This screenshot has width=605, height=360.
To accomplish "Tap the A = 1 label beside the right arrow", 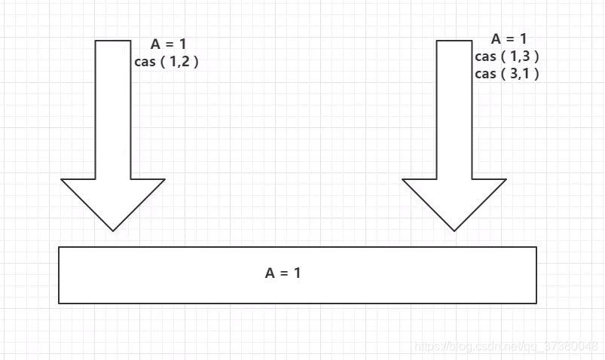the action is point(509,38).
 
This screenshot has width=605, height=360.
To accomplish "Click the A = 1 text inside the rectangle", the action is point(283,273).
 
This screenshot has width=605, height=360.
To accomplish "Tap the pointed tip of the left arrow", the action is point(113,229).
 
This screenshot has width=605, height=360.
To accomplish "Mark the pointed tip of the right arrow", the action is point(454,229).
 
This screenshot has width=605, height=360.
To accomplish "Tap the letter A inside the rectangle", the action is point(270,273).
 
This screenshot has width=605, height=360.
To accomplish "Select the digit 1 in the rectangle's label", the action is point(297,273).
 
